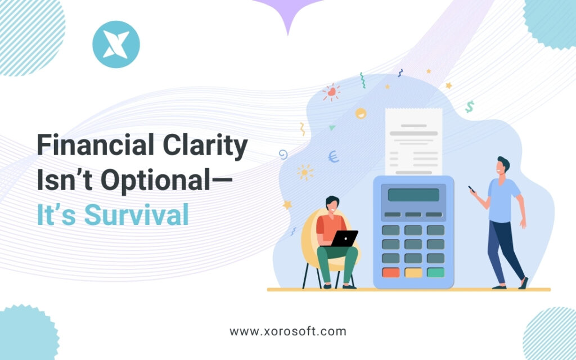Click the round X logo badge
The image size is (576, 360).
click(x=116, y=44)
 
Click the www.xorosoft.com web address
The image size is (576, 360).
click(x=287, y=331)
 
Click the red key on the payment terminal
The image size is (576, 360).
click(x=390, y=272)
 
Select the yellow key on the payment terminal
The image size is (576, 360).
click(x=413, y=272)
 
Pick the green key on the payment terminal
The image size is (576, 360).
click(x=435, y=272)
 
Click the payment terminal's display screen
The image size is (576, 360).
click(x=413, y=195)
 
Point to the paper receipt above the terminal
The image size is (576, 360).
click(x=413, y=141)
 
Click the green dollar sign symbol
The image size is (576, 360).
click(x=469, y=106)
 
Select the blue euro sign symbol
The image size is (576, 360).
click(x=334, y=156)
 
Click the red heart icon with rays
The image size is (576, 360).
click(x=332, y=91)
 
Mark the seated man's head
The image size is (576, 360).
click(x=332, y=204)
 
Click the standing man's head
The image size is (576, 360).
click(x=502, y=166)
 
